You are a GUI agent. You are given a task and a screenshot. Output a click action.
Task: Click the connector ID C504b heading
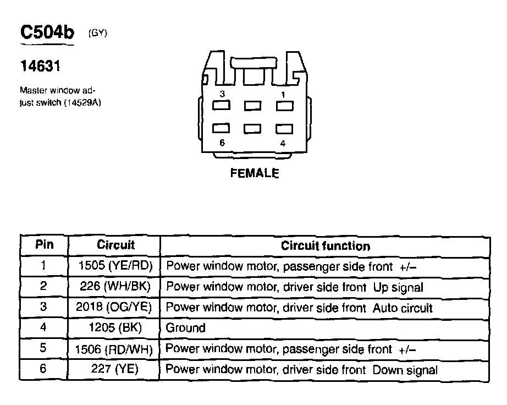[47, 32]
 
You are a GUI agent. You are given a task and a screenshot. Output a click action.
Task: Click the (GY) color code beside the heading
[98, 34]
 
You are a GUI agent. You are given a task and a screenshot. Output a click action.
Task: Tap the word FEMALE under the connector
[255, 173]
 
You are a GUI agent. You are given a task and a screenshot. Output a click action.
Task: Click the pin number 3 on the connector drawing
[222, 94]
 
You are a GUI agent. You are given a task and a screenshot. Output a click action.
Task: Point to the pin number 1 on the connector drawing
[283, 94]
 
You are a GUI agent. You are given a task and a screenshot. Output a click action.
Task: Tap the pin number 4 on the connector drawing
[283, 143]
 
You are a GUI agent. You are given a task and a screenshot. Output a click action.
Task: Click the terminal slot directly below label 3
[222, 105]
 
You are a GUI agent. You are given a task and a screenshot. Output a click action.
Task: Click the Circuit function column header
[326, 245]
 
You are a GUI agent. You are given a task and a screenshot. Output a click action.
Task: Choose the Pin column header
[45, 244]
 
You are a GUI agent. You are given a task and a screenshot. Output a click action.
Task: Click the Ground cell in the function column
[185, 328]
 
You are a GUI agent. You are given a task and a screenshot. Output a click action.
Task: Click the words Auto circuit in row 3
[403, 308]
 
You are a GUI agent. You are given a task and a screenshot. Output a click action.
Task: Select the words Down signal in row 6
[405, 370]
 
